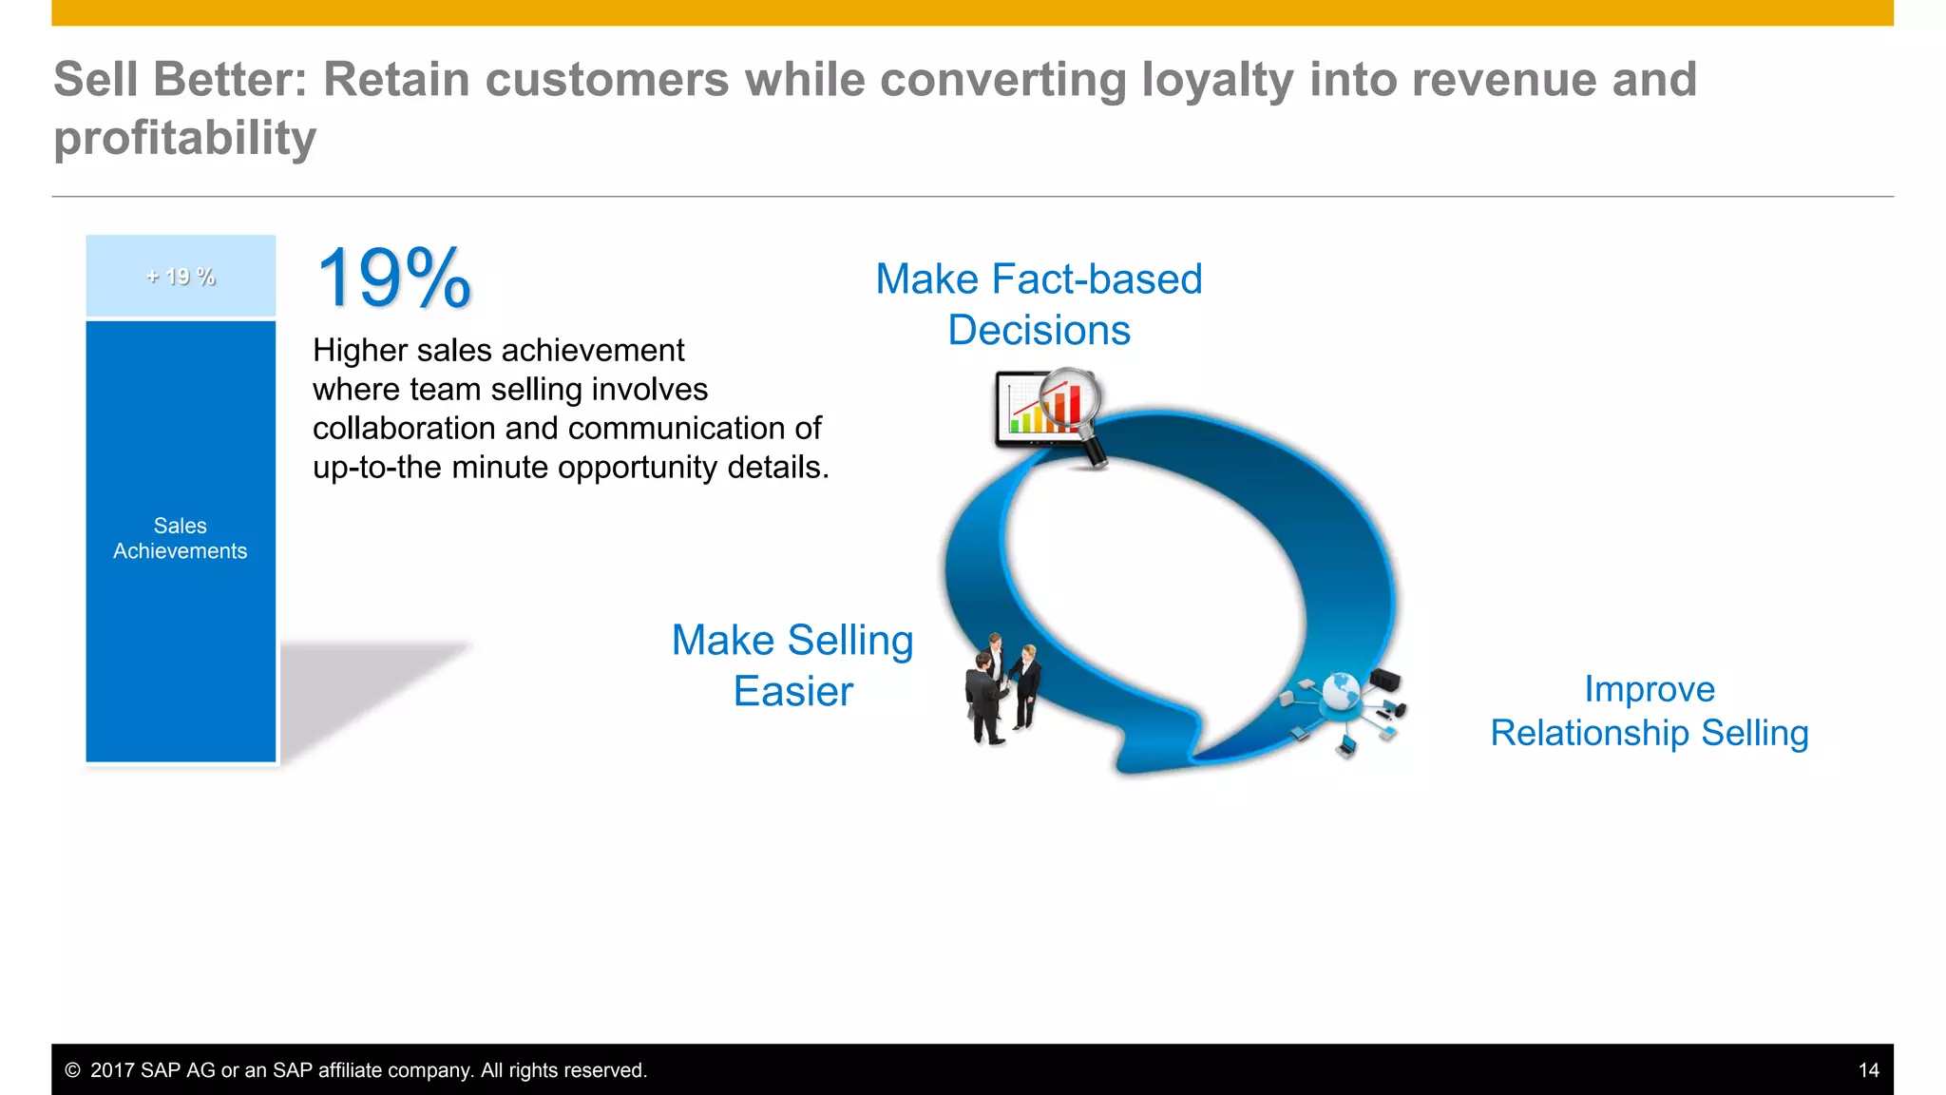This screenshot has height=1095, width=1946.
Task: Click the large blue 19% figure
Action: [x=393, y=279]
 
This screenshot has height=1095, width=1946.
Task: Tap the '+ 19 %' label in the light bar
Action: [x=181, y=277]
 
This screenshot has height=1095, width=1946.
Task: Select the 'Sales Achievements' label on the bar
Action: [x=181, y=538]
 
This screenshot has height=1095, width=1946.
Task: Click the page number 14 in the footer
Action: [x=1868, y=1070]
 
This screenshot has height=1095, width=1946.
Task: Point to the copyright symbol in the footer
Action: [x=72, y=1070]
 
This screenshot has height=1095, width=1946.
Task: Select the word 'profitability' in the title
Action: [x=184, y=139]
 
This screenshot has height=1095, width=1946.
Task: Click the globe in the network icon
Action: [x=1341, y=690]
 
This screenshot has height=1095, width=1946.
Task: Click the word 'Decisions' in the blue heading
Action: [x=1039, y=331]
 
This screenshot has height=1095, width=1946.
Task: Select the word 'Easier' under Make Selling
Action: [x=792, y=691]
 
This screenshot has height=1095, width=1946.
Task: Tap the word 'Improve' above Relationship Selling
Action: [x=1649, y=689]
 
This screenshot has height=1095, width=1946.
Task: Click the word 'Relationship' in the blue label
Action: [x=1590, y=733]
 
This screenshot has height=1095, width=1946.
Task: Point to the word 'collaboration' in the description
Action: [x=404, y=429]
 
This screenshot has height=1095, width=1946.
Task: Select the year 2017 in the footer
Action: [x=113, y=1070]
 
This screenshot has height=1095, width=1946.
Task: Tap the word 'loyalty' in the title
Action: [x=1217, y=79]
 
